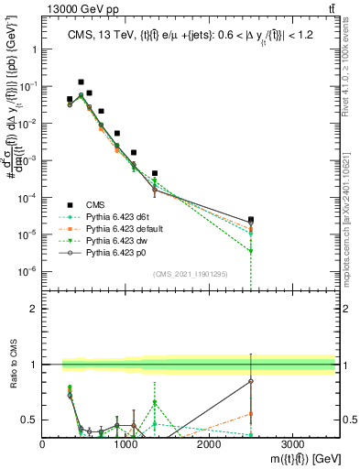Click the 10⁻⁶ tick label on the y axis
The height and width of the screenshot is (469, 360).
pos(27,272)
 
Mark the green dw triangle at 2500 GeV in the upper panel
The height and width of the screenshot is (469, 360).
pos(251,251)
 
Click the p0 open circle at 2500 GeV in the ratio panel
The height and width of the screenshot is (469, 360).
pos(251,381)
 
